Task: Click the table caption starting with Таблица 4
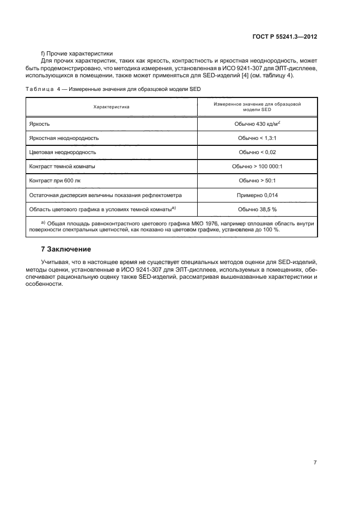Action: pyautogui.click(x=114, y=89)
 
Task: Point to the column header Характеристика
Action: pyautogui.click(x=112, y=107)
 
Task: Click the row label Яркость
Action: pyautogui.click(x=40, y=124)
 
